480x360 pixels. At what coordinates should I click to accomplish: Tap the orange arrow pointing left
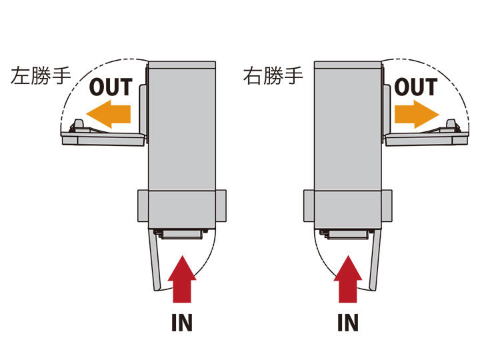tap(109, 113)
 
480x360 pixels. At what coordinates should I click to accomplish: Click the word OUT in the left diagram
tap(111, 87)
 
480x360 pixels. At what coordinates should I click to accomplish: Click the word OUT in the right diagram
tap(415, 87)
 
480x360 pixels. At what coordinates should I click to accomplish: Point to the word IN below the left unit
tap(181, 323)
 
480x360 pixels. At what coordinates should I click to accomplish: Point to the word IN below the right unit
tap(347, 323)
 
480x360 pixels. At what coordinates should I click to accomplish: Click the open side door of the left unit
tap(103, 137)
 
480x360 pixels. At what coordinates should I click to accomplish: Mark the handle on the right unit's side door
tap(451, 125)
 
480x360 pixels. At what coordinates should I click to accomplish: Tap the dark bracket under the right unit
tap(346, 234)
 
